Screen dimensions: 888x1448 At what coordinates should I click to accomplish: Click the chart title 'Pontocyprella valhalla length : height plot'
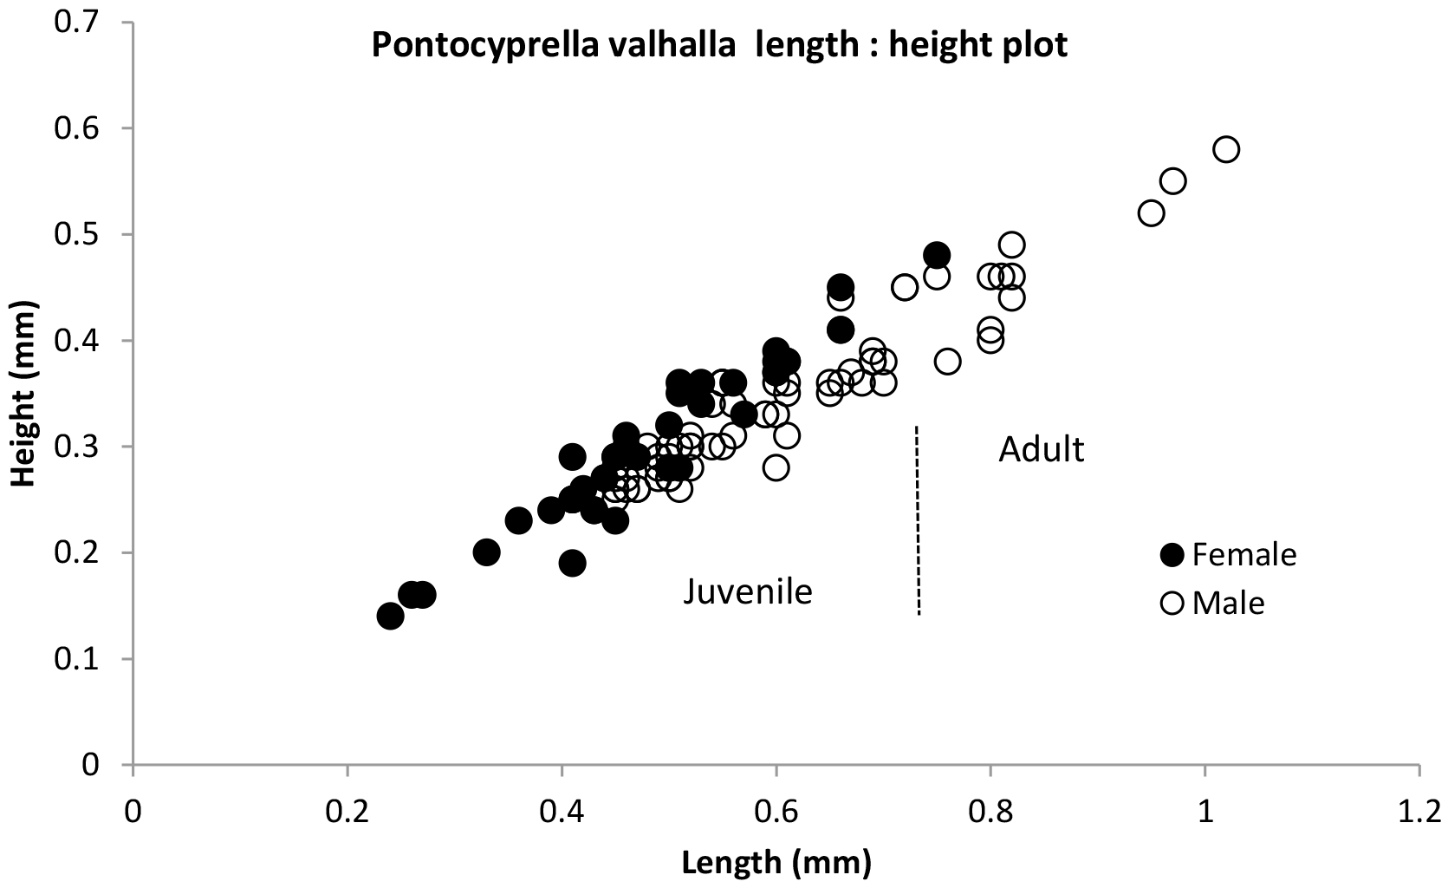coord(719,45)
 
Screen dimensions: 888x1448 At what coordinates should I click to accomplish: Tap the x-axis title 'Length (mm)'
coord(776,863)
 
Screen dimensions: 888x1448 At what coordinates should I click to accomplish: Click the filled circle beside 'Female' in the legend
coord(1172,555)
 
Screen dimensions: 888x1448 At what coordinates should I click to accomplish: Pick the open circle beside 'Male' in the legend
coord(1172,603)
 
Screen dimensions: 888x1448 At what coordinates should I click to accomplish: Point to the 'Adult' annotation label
coord(1041,449)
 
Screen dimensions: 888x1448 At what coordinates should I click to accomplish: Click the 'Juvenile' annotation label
coord(748,591)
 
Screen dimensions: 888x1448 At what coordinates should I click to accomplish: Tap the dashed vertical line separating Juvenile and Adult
coord(918,520)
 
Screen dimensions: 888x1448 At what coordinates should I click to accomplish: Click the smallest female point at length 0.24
coord(390,617)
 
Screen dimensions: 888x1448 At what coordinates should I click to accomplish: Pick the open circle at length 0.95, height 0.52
coord(1151,213)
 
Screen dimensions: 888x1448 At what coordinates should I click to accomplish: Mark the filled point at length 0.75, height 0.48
coord(937,255)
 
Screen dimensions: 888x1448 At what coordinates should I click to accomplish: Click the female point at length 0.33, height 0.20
coord(487,552)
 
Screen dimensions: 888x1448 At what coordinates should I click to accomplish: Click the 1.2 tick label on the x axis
coord(1419,813)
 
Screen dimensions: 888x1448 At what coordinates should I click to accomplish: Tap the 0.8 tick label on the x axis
coord(990,813)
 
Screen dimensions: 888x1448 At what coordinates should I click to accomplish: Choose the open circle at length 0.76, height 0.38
coord(947,362)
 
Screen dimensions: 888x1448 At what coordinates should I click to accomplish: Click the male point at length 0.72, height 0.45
coord(905,287)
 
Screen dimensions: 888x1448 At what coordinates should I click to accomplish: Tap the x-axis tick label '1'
coord(1205,813)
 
